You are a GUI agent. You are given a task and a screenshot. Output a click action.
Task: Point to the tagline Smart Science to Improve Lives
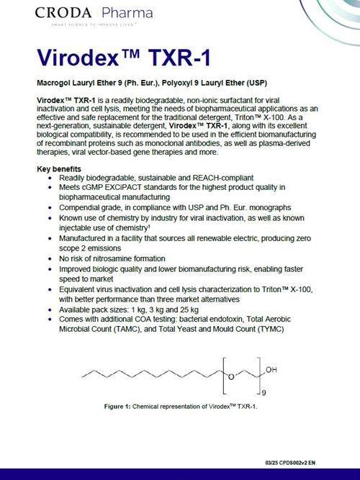pyautogui.click(x=89, y=26)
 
